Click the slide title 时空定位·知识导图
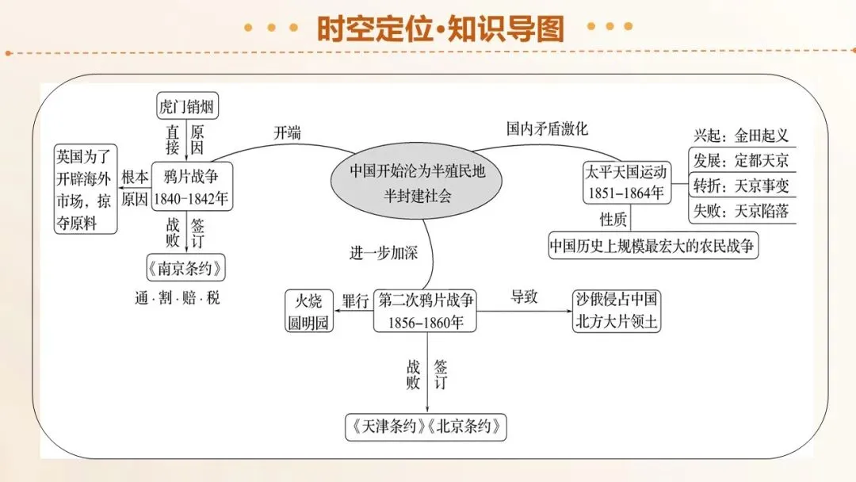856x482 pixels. [440, 29]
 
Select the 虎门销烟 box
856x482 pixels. [187, 105]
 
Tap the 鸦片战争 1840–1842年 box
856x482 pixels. [192, 186]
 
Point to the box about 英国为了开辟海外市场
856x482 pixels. [86, 189]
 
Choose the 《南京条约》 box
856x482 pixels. [185, 268]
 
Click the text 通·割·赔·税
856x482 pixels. [178, 298]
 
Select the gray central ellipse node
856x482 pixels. [417, 183]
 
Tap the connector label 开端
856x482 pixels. [287, 132]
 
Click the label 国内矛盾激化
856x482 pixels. [547, 129]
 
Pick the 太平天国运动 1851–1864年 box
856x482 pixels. [627, 183]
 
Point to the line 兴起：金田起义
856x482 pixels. [741, 135]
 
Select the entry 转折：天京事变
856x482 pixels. [741, 186]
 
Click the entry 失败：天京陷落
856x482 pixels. [741, 211]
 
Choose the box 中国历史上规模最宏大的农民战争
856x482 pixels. [653, 246]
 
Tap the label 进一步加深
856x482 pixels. [384, 253]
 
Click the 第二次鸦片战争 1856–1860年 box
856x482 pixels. [426, 311]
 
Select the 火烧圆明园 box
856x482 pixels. [309, 311]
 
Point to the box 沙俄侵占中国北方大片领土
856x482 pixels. [617, 311]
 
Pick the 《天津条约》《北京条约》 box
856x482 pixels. [426, 427]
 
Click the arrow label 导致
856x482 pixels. [524, 296]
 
